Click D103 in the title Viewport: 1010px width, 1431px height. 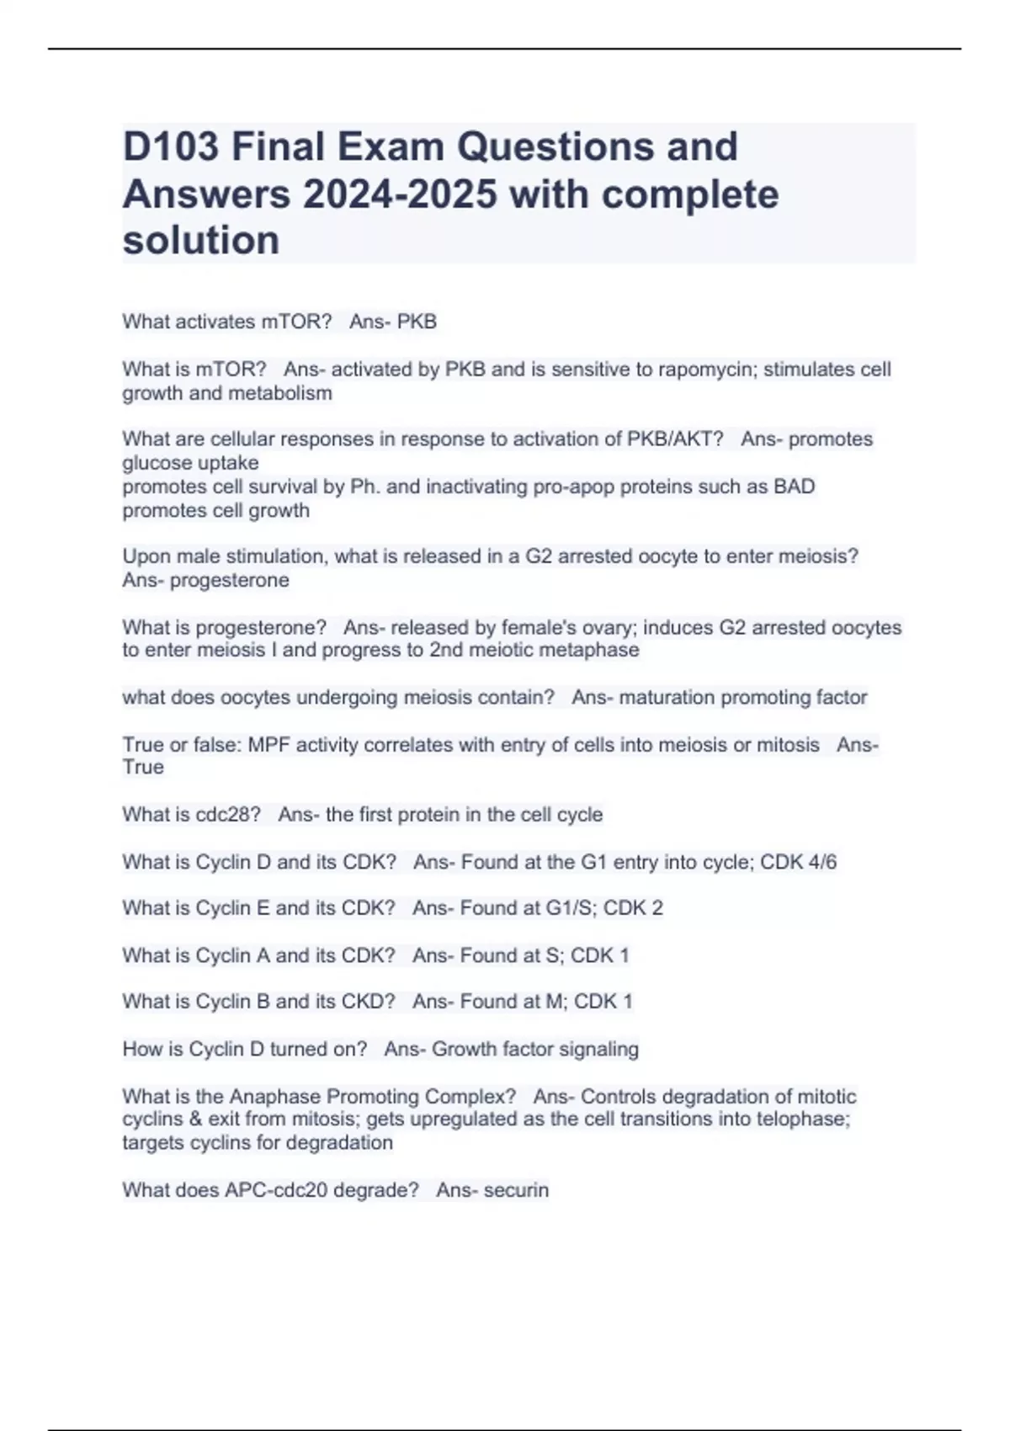tap(171, 146)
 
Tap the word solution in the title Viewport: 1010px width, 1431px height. tap(201, 241)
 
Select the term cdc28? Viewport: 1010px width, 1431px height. tap(228, 815)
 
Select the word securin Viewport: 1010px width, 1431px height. tap(516, 1190)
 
